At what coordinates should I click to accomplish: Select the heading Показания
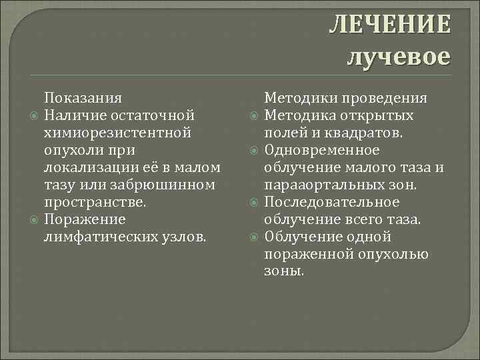point(83,97)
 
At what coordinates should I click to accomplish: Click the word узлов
point(186,236)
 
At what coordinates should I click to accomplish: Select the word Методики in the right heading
point(302,97)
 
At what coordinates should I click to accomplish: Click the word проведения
point(385,97)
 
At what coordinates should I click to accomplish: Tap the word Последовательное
point(332,201)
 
